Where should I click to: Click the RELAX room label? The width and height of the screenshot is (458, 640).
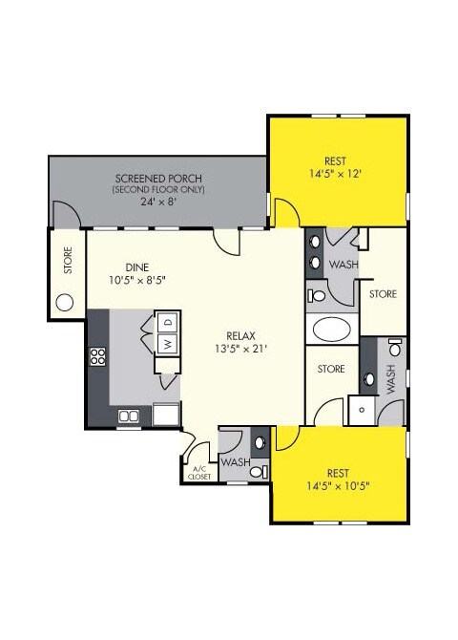[239, 335]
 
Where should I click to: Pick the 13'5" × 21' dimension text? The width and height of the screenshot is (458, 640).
[239, 349]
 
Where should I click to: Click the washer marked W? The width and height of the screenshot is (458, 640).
[166, 344]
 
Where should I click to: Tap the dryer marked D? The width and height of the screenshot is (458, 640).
[166, 322]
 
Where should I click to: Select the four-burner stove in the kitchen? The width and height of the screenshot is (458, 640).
[97, 357]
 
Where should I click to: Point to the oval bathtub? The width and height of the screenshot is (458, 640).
[333, 331]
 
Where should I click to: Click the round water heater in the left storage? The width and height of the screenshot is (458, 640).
[65, 304]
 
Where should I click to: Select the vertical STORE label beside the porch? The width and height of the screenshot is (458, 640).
[68, 263]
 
